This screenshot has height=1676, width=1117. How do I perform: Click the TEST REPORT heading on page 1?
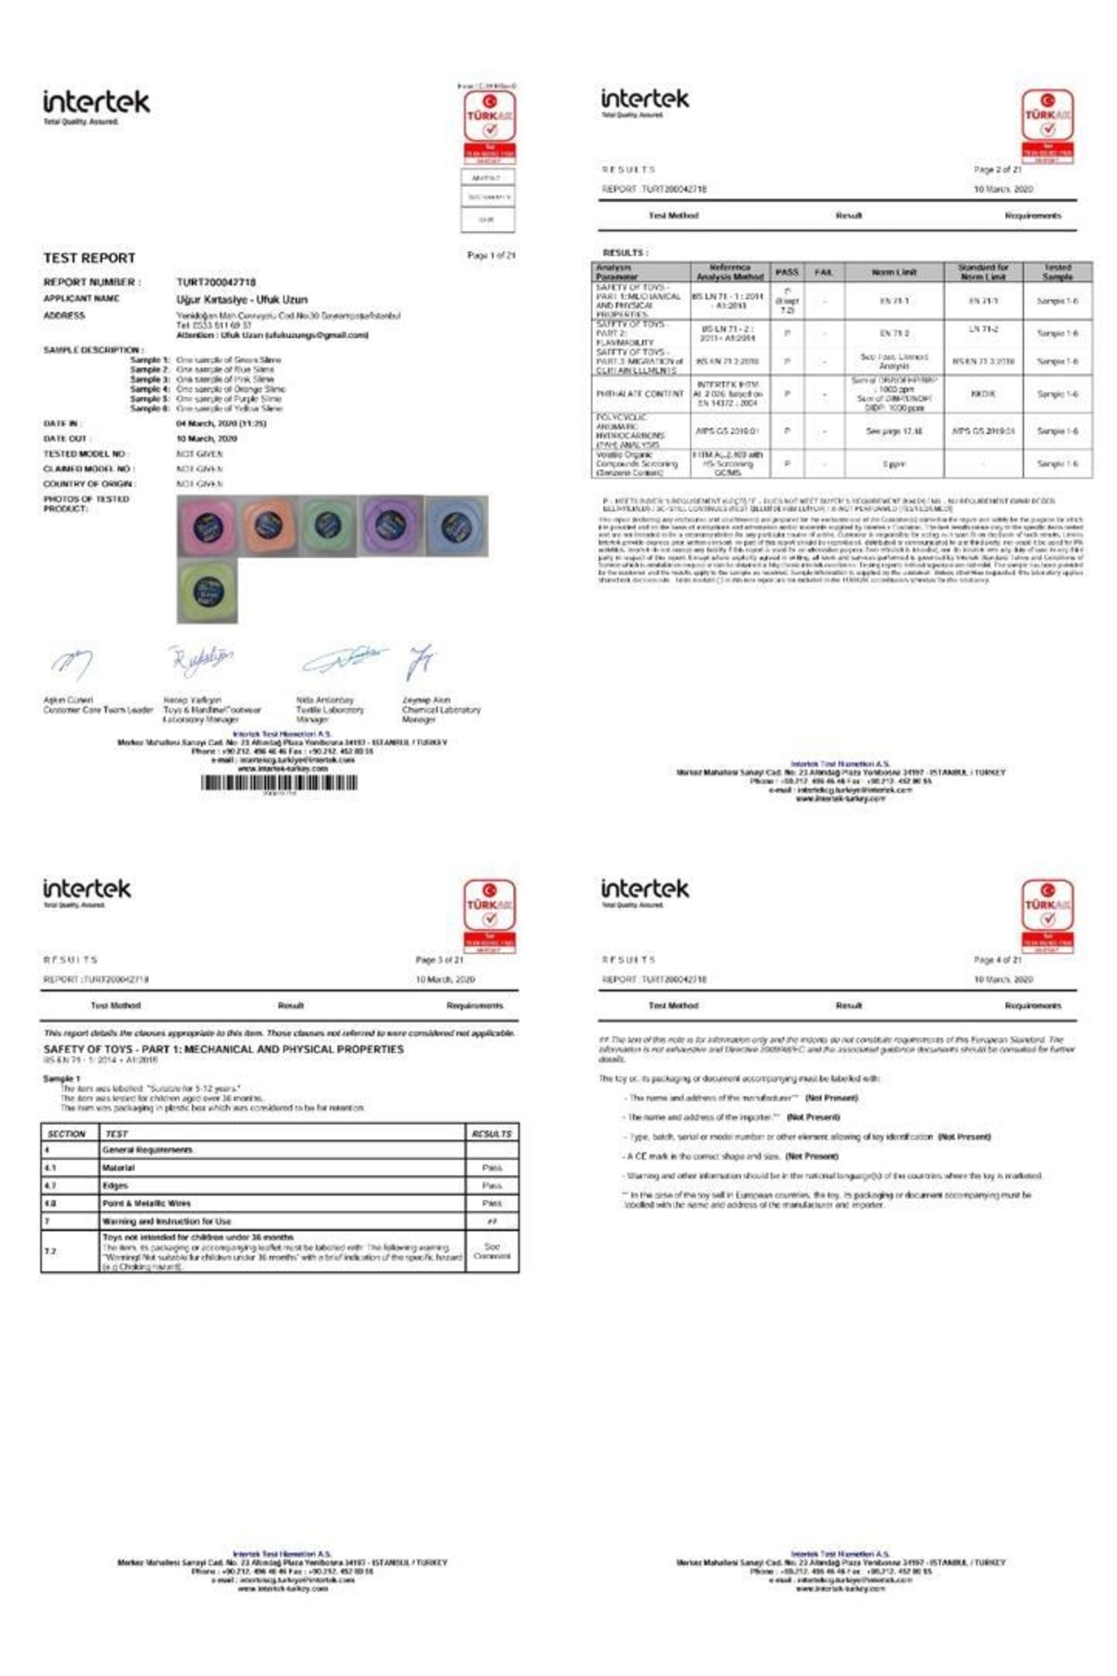(89, 258)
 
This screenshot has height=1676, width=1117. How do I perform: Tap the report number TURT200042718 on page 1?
(216, 282)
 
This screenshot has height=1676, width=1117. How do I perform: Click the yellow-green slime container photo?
(207, 590)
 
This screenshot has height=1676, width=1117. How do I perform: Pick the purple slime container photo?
(391, 525)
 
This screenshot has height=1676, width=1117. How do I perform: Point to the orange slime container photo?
(267, 525)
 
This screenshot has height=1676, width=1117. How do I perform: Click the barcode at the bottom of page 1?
(279, 783)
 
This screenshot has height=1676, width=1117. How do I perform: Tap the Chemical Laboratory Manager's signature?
(422, 661)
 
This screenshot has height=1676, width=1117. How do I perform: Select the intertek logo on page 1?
(96, 104)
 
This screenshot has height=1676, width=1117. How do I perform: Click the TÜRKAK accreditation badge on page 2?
(1047, 126)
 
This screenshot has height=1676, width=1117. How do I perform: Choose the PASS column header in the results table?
(787, 272)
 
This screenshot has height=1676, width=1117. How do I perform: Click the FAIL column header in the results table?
(824, 272)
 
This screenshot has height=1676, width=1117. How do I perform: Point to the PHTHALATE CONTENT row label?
(639, 394)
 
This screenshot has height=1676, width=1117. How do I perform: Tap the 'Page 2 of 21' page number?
(997, 169)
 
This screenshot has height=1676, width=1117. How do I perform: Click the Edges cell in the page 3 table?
(116, 1185)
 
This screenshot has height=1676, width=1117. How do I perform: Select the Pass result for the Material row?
(491, 1168)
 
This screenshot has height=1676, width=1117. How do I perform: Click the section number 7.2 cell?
(50, 1250)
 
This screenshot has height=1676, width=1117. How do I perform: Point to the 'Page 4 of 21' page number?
(997, 959)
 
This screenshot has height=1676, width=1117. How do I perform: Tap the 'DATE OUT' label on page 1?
(65, 439)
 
